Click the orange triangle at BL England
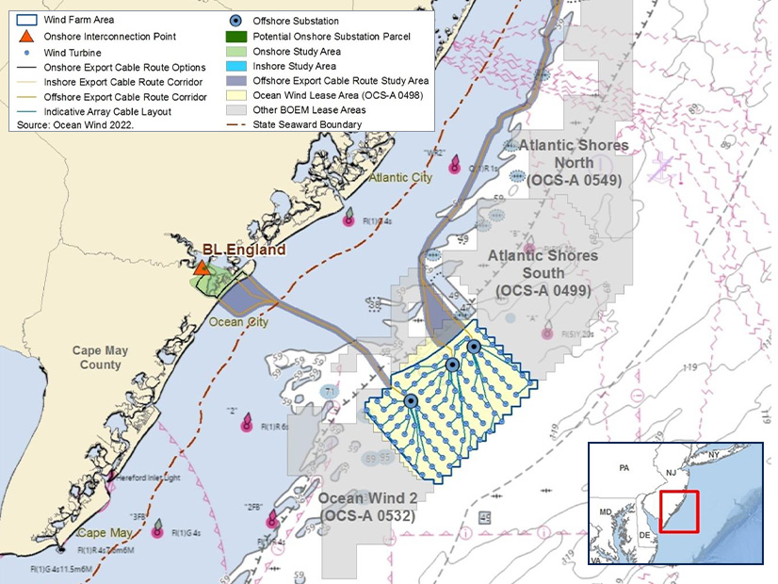click(x=201, y=268)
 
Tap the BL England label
click(x=243, y=251)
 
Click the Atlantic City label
click(x=401, y=177)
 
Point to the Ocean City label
click(x=238, y=322)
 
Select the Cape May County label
click(x=112, y=358)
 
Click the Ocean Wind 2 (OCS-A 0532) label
click(x=367, y=507)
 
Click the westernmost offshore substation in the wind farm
click(x=411, y=400)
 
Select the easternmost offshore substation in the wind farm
click(x=474, y=347)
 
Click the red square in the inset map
click(x=678, y=511)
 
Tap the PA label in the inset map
click(x=623, y=467)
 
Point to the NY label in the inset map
click(x=712, y=454)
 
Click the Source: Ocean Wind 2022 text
click(x=75, y=124)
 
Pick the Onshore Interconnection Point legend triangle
click(x=28, y=36)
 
